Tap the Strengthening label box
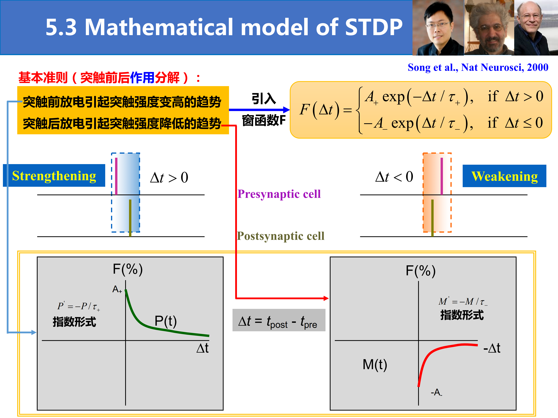click(54, 175)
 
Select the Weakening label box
click(504, 176)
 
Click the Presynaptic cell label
click(279, 194)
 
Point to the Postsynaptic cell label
click(281, 236)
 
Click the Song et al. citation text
click(478, 67)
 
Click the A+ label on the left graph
click(117, 289)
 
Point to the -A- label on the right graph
click(436, 392)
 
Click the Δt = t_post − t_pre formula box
click(279, 320)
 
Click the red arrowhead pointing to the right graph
click(326, 298)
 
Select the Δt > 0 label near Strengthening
click(169, 177)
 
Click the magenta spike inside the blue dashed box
click(116, 176)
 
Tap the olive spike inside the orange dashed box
click(432, 218)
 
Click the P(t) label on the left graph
click(165, 321)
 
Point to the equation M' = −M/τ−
click(463, 301)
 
